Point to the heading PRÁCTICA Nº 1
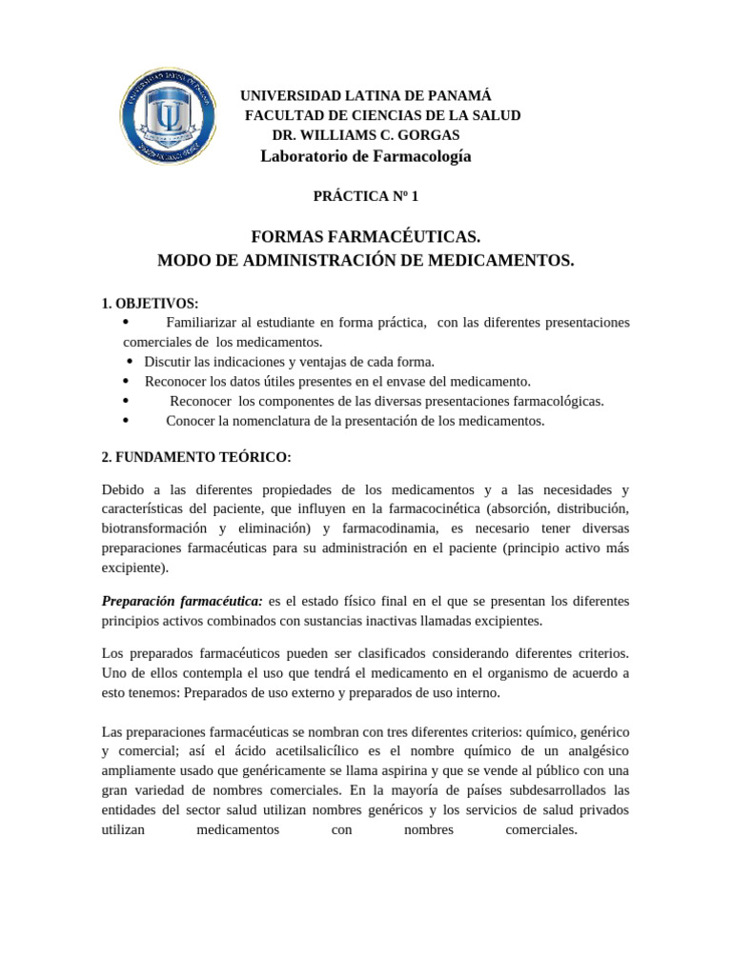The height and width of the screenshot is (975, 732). click(x=366, y=196)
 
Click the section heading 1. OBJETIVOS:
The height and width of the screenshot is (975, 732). click(x=150, y=304)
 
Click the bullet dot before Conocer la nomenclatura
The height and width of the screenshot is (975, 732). click(x=127, y=420)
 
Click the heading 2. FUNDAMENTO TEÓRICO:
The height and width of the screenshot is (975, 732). click(x=195, y=457)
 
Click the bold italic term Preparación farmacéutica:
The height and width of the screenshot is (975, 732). click(x=182, y=601)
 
